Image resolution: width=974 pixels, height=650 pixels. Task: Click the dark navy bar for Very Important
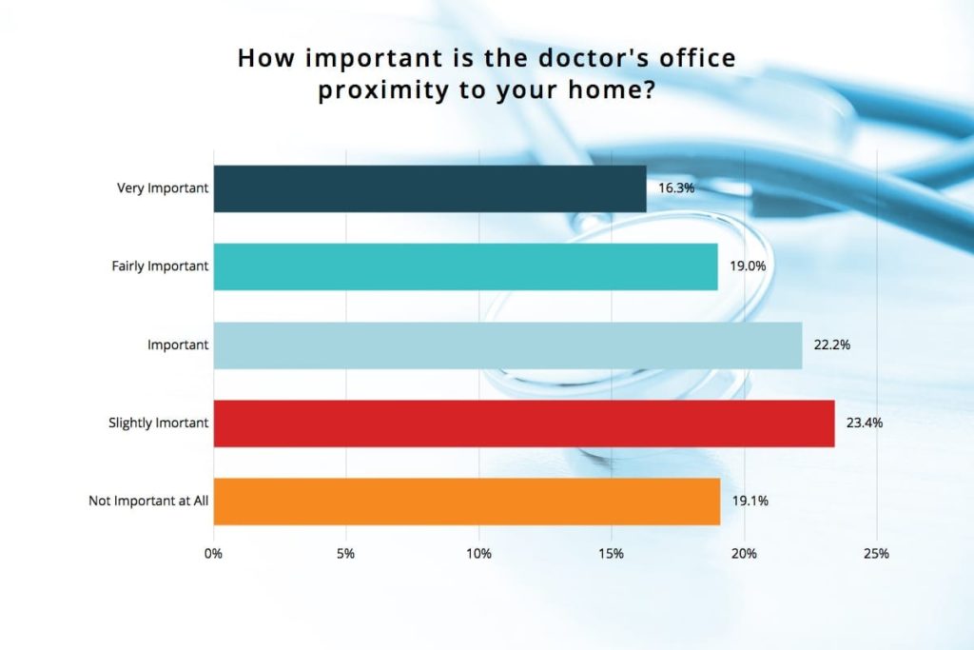click(430, 189)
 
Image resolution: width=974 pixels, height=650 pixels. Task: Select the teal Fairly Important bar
click(466, 266)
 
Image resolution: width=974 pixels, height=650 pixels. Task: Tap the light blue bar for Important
click(508, 345)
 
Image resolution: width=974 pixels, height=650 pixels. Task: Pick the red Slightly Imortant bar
click(524, 423)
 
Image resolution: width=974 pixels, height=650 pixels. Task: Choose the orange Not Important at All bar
click(467, 502)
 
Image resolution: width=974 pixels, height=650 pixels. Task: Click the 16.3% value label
click(676, 188)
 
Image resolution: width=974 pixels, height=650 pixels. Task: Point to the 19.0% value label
click(748, 266)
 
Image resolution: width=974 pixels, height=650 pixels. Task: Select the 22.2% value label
click(831, 345)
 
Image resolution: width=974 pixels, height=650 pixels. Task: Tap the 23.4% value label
click(864, 423)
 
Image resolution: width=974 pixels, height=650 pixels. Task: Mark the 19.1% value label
click(750, 501)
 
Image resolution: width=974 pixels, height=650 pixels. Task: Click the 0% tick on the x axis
click(213, 554)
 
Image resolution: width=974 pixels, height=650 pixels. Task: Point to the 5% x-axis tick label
click(346, 554)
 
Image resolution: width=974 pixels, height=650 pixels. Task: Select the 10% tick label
click(479, 554)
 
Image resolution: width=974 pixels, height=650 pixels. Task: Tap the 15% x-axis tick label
click(612, 554)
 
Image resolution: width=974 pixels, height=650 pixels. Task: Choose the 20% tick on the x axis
click(744, 554)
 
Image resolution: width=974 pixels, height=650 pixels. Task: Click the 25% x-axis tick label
click(876, 554)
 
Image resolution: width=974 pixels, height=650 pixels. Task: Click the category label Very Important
click(163, 188)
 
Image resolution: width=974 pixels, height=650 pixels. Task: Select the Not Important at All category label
click(148, 501)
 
